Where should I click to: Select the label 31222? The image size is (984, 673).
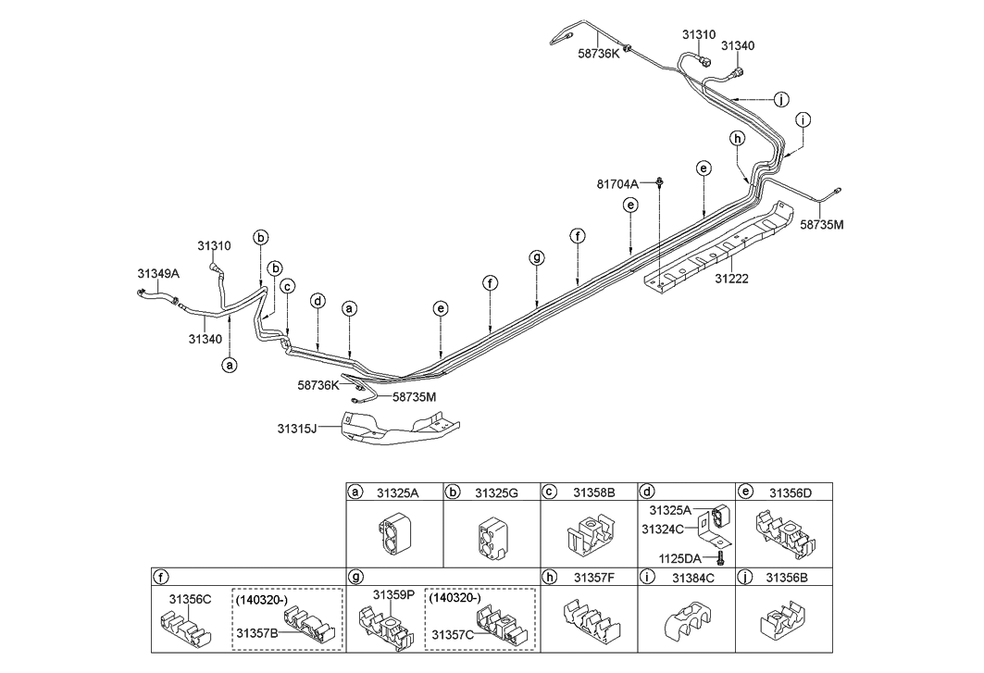733,278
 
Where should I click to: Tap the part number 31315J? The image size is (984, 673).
297,428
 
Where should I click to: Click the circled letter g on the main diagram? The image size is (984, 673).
536,256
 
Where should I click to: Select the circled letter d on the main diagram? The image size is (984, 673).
318,301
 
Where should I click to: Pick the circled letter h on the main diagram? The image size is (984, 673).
737,139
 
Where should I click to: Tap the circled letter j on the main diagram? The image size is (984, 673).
782,99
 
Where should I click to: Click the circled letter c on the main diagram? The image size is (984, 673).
288,287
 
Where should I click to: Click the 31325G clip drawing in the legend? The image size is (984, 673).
491,537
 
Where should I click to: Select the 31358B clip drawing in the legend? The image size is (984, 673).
587,538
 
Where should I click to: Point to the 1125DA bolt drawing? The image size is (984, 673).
719,557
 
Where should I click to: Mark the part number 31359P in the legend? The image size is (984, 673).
392,594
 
